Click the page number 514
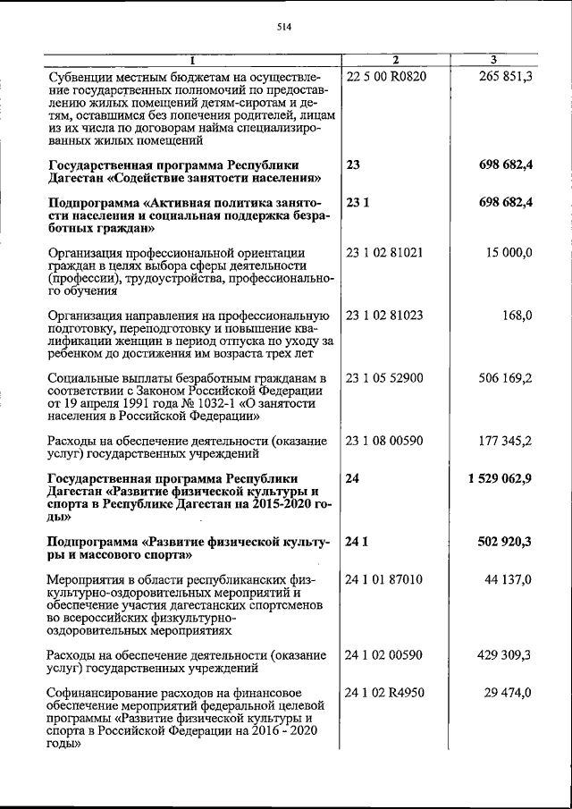pos(284,27)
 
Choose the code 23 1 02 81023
pos(384,316)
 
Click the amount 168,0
pos(517,316)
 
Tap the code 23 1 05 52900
pos(384,378)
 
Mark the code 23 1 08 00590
pos(384,441)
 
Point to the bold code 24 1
pos(357,542)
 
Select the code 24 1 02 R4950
pos(386,692)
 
